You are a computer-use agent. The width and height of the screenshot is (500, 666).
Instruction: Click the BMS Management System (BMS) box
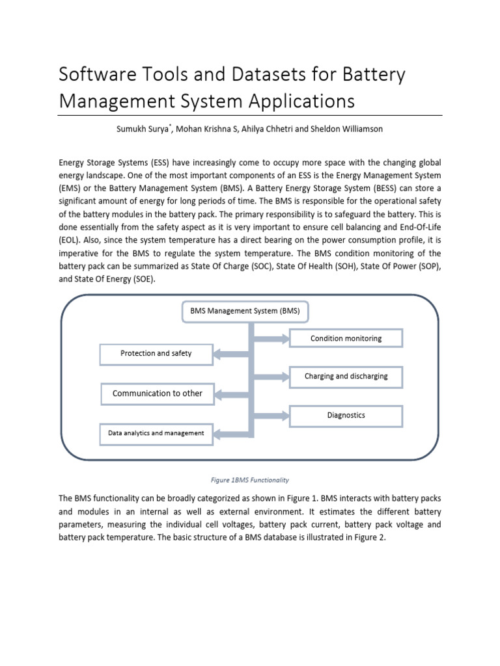245,312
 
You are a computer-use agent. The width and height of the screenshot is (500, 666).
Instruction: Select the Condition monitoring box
346,338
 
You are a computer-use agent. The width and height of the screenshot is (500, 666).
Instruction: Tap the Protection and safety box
156,354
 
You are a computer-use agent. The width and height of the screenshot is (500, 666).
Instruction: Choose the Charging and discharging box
346,376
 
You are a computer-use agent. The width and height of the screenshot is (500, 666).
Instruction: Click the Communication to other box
157,393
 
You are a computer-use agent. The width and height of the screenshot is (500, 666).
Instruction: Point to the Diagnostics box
346,415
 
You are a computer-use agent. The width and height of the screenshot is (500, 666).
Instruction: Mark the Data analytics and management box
156,433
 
